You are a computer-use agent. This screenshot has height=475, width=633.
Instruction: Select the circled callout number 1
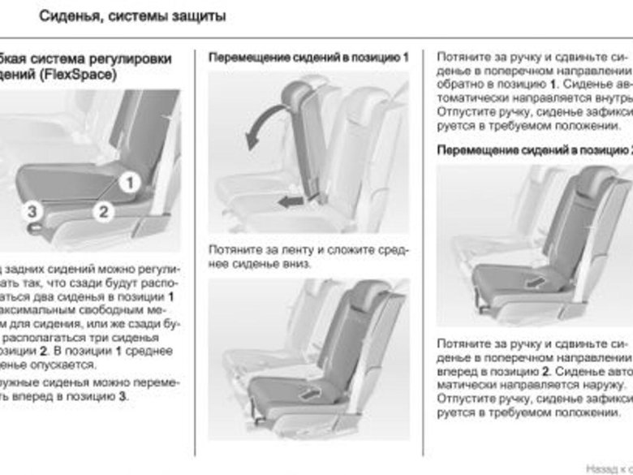[128, 184]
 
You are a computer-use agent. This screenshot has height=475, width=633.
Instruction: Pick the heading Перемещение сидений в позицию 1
[308, 58]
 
